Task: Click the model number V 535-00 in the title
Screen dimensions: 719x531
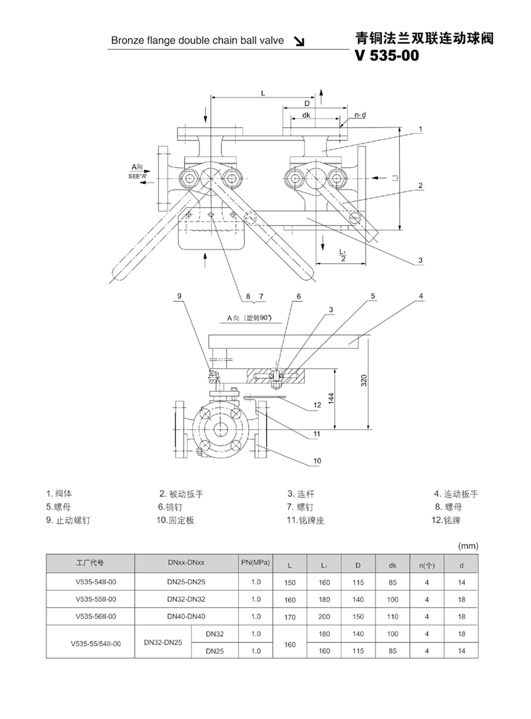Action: pos(386,55)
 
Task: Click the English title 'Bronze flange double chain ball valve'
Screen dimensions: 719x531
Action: pos(197,40)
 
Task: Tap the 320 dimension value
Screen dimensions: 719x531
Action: pos(364,380)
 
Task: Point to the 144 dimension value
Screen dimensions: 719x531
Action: pos(332,398)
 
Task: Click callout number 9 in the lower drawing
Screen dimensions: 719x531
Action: pos(179,296)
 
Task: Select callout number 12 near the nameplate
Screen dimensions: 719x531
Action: pos(317,405)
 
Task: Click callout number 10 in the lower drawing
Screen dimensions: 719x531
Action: pos(317,461)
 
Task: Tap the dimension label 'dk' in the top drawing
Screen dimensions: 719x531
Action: pos(306,115)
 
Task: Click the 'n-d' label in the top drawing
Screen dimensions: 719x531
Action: pos(360,115)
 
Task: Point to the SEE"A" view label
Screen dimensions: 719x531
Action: pos(137,177)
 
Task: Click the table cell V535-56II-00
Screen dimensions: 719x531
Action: pos(96,616)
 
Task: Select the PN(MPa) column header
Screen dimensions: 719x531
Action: pos(255,563)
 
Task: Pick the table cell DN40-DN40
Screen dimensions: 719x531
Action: pos(186,616)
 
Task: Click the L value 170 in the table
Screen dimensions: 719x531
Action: pos(290,617)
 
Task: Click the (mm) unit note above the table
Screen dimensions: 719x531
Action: pos(468,546)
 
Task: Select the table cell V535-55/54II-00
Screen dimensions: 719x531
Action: pos(96,644)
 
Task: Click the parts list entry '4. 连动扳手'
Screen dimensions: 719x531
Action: pos(456,494)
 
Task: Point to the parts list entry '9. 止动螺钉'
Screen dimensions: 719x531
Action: pos(68,520)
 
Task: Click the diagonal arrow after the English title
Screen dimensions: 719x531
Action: pos(300,41)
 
